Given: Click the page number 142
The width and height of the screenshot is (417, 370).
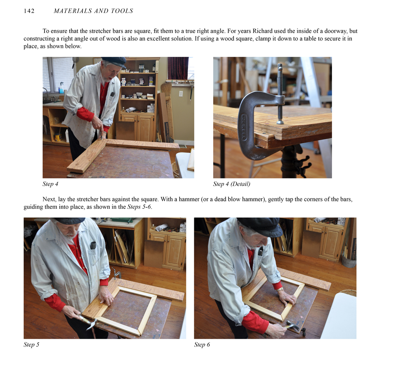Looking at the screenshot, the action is [x=29, y=11].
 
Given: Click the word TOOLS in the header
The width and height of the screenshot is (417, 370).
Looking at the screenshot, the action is [x=122, y=11].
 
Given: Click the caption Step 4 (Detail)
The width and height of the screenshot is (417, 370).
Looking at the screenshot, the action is [x=231, y=184].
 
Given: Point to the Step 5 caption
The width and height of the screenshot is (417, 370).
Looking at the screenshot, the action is [x=31, y=345].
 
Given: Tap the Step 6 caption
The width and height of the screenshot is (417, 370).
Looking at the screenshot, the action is [x=202, y=345].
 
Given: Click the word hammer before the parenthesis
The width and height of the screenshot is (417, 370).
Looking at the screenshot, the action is [x=191, y=199].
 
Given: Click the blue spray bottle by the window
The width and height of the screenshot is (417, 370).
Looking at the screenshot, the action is [x=61, y=88].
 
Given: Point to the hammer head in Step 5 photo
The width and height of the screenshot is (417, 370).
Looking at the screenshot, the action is [x=91, y=324].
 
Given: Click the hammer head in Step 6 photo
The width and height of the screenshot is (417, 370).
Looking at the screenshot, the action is [x=292, y=325].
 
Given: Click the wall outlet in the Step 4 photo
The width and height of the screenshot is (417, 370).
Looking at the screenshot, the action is [x=181, y=94].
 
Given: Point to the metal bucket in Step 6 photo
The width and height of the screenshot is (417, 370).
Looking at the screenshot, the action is [x=349, y=260].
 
